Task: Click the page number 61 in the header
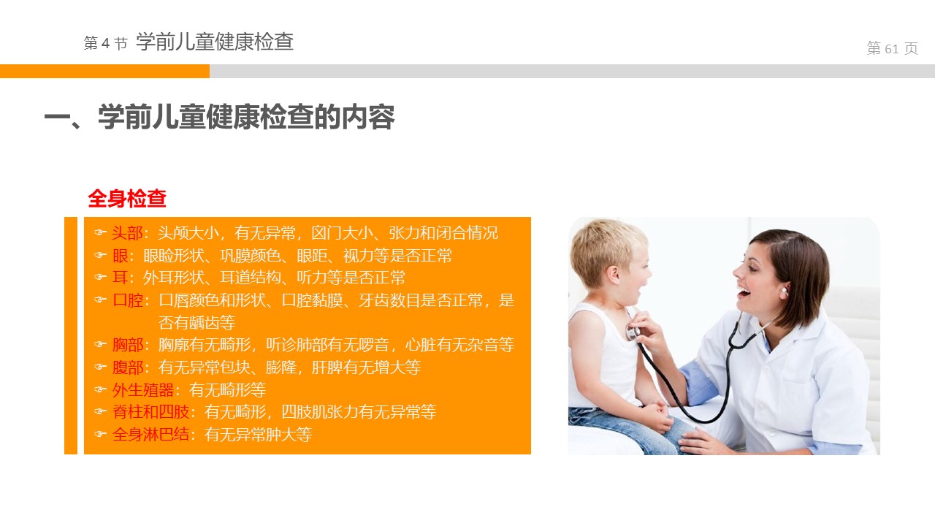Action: (891, 49)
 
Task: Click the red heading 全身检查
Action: (127, 198)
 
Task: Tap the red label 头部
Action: (127, 233)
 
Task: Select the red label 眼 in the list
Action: (120, 256)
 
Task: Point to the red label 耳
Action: (120, 278)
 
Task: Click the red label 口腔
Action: (128, 300)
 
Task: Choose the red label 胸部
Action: (128, 345)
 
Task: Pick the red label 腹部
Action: (128, 367)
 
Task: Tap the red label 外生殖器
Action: (142, 390)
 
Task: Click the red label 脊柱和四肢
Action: (150, 412)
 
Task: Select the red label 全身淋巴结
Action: (150, 435)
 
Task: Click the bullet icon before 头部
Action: (100, 232)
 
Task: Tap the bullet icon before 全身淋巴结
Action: (100, 434)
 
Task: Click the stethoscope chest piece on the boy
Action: (633, 333)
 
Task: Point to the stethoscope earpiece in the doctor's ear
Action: (785, 290)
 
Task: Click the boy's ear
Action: (614, 275)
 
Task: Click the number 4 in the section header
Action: (105, 43)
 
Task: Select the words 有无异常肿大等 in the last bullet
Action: (258, 435)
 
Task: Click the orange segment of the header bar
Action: (104, 71)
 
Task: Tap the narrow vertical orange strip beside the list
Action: (71, 335)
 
